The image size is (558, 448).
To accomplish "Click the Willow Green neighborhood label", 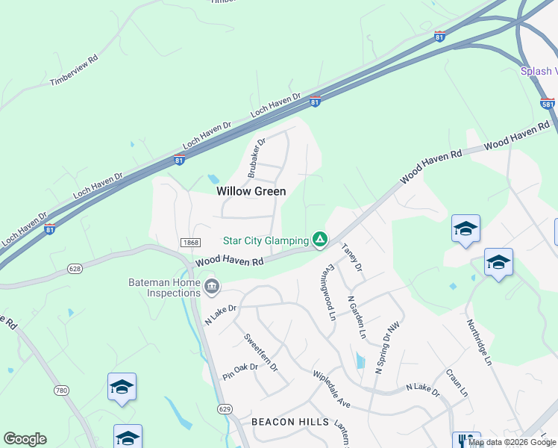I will (251, 191).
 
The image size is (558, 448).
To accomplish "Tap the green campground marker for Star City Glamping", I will (319, 239).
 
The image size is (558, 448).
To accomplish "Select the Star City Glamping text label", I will (266, 240).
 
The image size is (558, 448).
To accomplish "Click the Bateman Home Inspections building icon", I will (212, 286).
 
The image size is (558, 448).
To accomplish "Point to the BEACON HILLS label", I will (290, 422).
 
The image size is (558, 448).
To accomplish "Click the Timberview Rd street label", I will (74, 69).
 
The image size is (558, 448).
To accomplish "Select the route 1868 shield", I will (189, 242).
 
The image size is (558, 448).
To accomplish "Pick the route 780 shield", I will (62, 390).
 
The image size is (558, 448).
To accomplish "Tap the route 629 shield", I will (225, 408).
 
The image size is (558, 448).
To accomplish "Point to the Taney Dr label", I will (351, 257).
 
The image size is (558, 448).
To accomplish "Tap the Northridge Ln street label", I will (479, 342).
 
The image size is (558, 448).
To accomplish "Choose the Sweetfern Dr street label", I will (260, 352).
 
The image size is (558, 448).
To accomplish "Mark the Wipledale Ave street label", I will (331, 388).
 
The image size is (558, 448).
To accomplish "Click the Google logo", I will (25, 439).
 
